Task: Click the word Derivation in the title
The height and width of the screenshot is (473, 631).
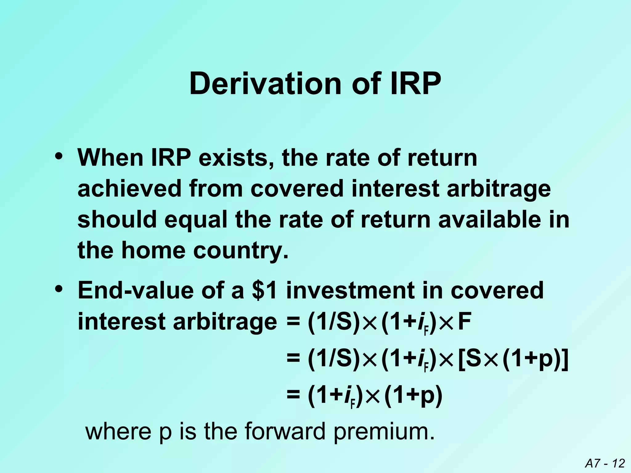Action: coord(265,84)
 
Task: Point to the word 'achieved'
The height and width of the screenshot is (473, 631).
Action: coord(129,188)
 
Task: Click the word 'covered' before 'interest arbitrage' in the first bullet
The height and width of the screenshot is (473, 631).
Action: coord(297,188)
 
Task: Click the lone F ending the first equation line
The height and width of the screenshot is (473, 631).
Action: coord(465,322)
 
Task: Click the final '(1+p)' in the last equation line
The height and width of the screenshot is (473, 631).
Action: coord(413,395)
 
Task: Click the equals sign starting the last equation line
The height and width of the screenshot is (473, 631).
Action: coord(293,395)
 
